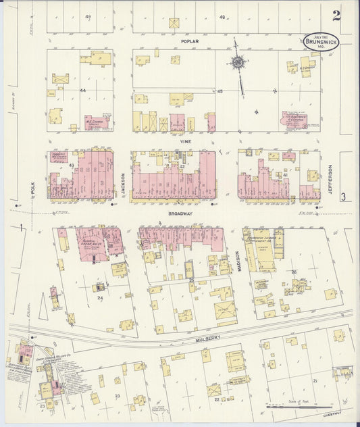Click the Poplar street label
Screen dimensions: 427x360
[x=186, y=41]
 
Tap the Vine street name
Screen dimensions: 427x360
[x=186, y=141]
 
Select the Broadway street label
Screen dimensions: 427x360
[x=180, y=214]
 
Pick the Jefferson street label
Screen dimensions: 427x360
[x=330, y=179]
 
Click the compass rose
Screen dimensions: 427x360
[x=238, y=64]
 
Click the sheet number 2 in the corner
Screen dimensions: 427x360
[x=336, y=15]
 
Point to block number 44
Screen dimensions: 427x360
[x=83, y=90]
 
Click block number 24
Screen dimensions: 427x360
[x=100, y=297]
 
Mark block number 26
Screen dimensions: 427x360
[x=294, y=273]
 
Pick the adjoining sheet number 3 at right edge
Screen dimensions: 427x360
[x=343, y=197]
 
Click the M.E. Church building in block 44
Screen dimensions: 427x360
[x=97, y=123]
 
